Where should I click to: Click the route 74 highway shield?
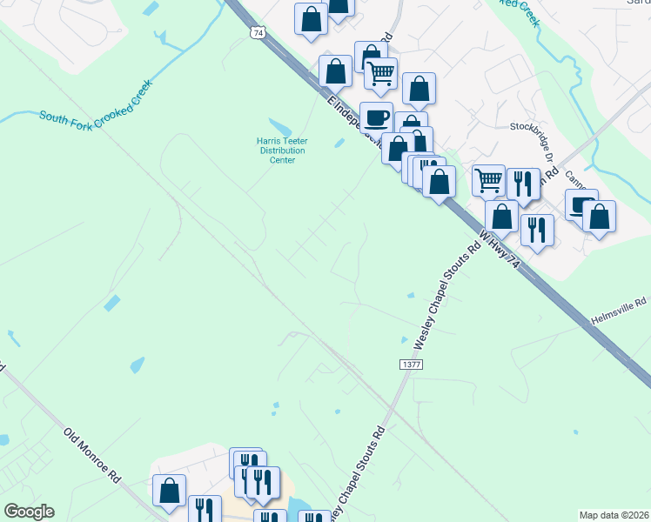[257, 33]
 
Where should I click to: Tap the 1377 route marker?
[412, 365]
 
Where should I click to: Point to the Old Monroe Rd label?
[91, 454]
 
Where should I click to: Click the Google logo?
[29, 512]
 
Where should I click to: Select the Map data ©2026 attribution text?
[613, 515]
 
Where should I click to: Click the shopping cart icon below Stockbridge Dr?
[488, 179]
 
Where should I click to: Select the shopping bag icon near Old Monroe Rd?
[169, 489]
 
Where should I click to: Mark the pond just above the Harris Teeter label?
[282, 127]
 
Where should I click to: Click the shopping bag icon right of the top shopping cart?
[419, 88]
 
